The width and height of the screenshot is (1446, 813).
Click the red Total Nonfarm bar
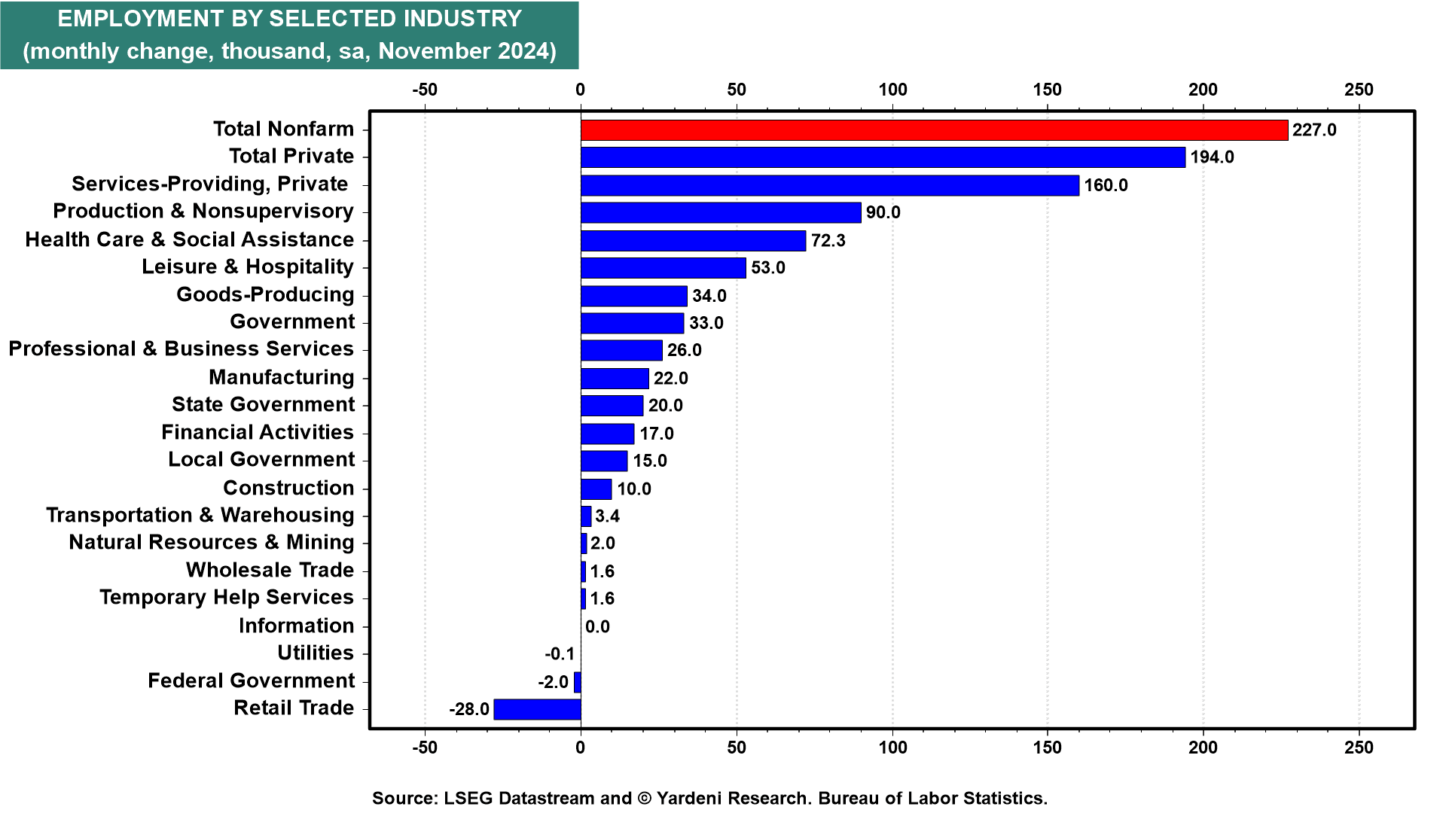(x=934, y=130)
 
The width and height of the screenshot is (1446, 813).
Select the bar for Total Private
(x=883, y=157)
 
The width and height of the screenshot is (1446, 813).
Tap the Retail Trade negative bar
(x=537, y=709)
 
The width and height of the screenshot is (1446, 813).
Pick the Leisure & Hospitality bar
(x=663, y=268)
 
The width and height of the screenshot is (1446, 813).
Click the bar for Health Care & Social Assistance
(x=693, y=241)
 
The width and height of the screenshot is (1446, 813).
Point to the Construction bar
(x=596, y=489)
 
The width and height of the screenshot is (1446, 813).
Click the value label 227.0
(x=1314, y=130)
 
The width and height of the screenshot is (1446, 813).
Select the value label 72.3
(x=828, y=241)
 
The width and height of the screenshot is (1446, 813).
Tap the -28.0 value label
(x=469, y=709)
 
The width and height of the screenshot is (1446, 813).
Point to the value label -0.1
(x=560, y=654)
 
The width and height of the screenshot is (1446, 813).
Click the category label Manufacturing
(x=282, y=377)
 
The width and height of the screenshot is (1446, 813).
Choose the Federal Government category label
(x=251, y=681)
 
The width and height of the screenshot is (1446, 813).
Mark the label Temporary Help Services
(x=227, y=598)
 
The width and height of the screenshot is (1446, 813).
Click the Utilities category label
(x=316, y=653)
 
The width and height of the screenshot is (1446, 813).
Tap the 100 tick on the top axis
(x=892, y=90)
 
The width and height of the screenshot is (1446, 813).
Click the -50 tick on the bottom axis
(x=425, y=748)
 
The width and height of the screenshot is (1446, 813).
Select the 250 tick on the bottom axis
(x=1359, y=748)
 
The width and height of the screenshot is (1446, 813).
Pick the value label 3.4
(x=607, y=516)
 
